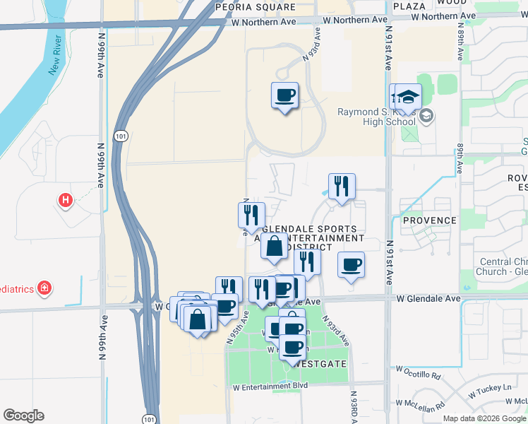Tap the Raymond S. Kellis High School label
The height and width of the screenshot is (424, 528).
pos(376,117)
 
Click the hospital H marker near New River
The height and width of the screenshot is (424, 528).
pos(66,201)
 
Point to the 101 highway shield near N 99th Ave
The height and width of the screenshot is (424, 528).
pos(119,135)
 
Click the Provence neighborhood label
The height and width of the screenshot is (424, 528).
pos(429,220)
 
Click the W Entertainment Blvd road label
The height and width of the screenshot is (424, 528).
pos(270,386)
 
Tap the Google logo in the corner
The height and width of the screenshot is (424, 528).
pos(23,416)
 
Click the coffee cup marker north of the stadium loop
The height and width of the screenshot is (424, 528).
pos(284,95)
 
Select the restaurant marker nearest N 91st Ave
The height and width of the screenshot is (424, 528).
pos(342,187)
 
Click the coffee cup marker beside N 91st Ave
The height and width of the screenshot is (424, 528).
pos(351,266)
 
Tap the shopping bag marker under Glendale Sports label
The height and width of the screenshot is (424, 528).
pos(275,247)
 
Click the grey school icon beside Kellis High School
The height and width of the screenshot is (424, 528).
pos(427,116)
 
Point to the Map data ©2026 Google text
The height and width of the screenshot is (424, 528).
pos(484,418)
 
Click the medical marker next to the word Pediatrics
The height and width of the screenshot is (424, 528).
pos(44,288)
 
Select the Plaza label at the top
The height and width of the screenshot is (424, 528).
pos(409,6)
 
